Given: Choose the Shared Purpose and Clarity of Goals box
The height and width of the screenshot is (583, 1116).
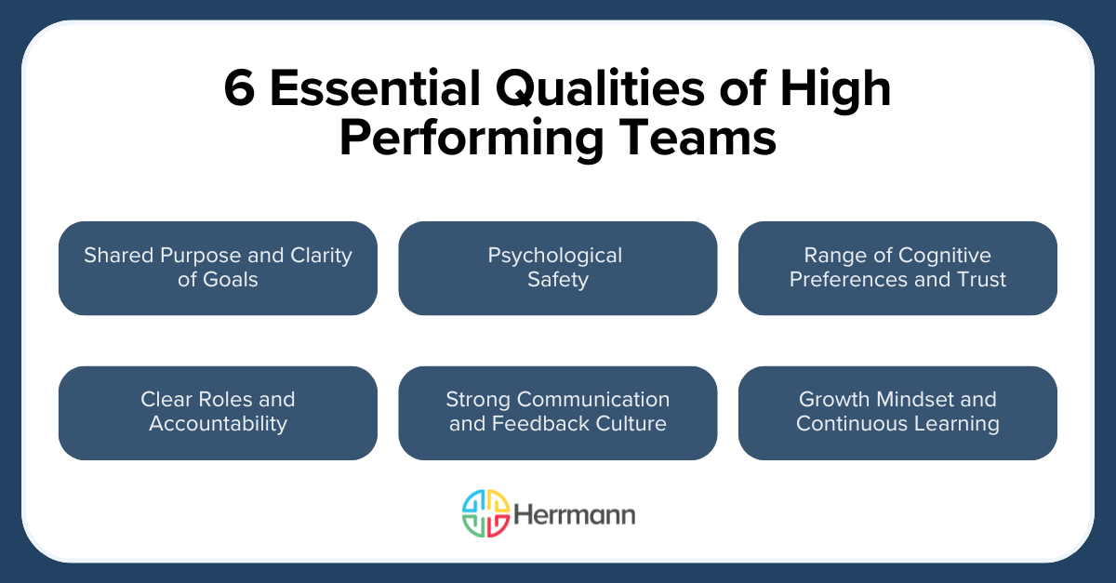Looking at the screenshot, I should point(218,268).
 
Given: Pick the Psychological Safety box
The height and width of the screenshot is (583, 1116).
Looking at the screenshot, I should point(557,268).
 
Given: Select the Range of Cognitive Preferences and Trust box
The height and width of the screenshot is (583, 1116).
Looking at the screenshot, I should point(897,268).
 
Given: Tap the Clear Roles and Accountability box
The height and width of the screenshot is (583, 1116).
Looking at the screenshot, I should point(218,413).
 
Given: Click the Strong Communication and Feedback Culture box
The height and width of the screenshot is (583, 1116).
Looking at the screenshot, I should point(557,413).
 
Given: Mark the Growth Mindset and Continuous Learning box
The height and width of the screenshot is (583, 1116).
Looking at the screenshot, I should point(897,413).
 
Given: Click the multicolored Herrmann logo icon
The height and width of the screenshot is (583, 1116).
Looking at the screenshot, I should point(485,513).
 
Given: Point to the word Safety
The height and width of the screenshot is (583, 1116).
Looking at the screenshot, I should point(557,280).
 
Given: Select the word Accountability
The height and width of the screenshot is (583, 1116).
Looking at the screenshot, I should point(218,425).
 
